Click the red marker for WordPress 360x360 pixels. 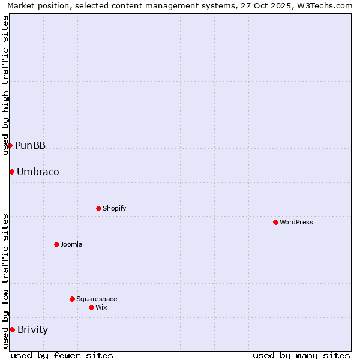click(x=275, y=222)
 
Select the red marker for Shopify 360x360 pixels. click(x=98, y=208)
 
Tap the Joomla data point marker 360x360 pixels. click(x=56, y=244)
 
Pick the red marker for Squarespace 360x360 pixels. click(x=72, y=299)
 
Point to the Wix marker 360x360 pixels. click(x=91, y=307)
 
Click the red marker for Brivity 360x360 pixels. click(x=12, y=329)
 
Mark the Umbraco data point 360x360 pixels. click(x=11, y=172)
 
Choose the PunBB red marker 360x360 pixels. click(x=10, y=145)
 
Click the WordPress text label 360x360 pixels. click(x=296, y=222)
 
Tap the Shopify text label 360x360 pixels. click(x=114, y=208)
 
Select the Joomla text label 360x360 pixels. click(x=71, y=244)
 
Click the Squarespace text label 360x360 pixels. click(x=97, y=299)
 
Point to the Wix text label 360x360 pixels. click(x=101, y=307)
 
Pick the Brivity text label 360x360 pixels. click(x=33, y=329)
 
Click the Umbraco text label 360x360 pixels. click(x=38, y=172)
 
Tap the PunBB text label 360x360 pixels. click(x=30, y=145)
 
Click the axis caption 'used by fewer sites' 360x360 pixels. click(x=62, y=355)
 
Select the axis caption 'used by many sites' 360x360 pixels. click(x=301, y=355)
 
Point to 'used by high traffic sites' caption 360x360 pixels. click(x=6, y=85)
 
